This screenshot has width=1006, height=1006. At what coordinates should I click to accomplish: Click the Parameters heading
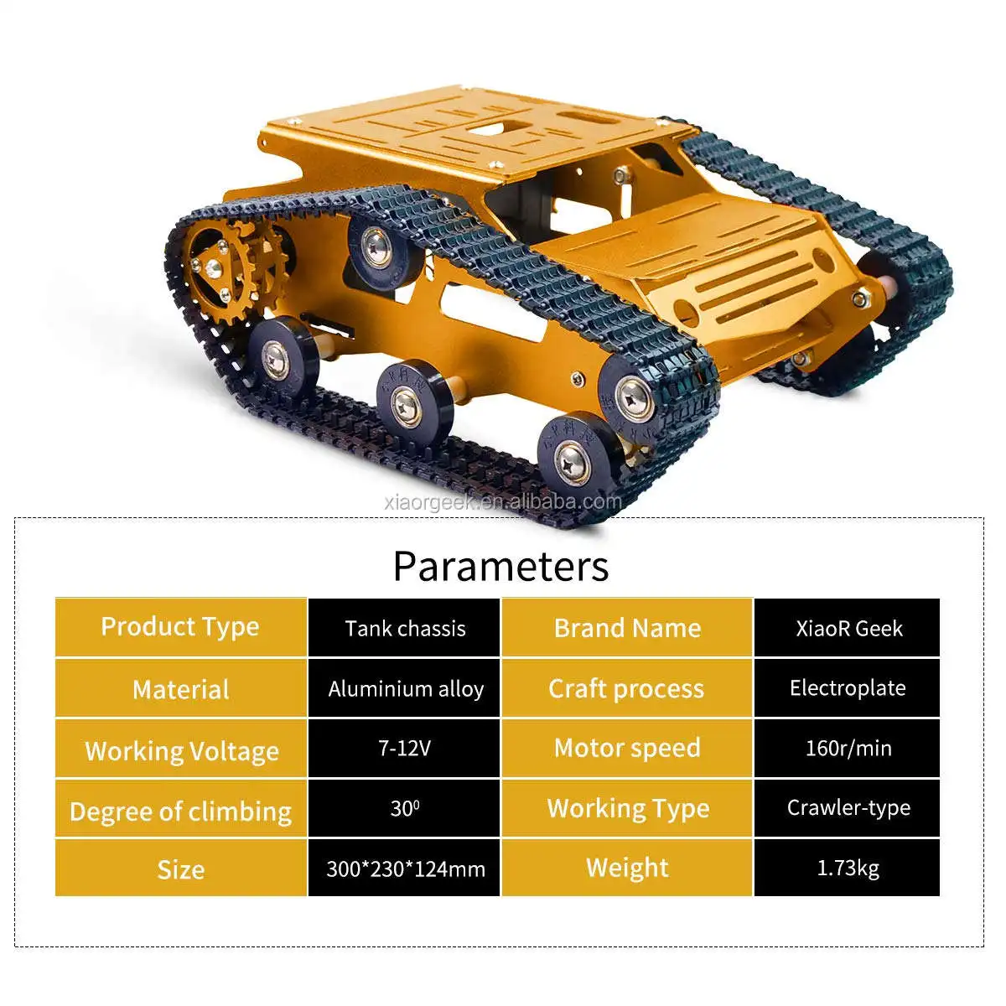point(500,567)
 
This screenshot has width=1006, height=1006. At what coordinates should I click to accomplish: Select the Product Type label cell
point(180,627)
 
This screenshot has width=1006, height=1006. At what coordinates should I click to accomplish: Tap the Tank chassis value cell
point(404,627)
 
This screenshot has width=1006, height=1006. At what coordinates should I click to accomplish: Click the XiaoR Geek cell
point(847,627)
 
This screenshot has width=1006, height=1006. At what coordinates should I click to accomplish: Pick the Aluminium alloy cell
point(404,688)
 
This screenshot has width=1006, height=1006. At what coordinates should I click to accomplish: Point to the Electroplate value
point(847,688)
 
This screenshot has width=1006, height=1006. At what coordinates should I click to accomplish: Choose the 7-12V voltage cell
point(404,748)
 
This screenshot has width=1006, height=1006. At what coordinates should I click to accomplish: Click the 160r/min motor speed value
point(847,748)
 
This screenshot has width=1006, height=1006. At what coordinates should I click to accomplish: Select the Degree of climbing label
point(180,809)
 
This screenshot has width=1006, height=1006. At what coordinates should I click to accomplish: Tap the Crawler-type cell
point(847,809)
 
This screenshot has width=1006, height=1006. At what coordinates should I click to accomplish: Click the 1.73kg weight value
point(847,869)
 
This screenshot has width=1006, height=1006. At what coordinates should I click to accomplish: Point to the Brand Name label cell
point(627,627)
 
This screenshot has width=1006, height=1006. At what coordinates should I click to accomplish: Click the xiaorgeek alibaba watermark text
point(503,502)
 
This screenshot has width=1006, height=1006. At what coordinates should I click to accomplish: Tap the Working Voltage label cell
point(180,748)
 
